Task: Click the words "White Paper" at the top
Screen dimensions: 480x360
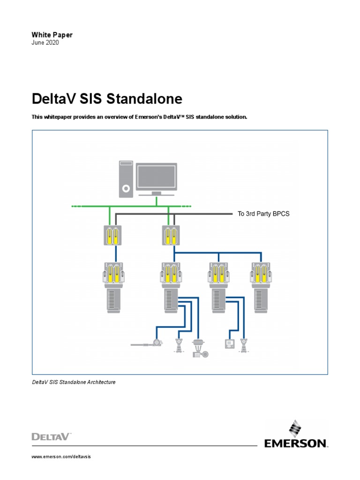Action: tap(52, 35)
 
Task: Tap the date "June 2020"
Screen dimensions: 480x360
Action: tap(45, 43)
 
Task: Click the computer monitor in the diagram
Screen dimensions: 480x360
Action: tap(156, 177)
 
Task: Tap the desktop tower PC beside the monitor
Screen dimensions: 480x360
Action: tap(126, 179)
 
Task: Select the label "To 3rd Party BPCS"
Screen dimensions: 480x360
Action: tap(263, 214)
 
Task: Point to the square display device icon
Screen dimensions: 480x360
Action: tap(230, 345)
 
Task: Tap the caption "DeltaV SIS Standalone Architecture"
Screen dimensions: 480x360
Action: tap(74, 382)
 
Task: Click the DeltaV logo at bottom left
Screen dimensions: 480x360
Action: tap(51, 437)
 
